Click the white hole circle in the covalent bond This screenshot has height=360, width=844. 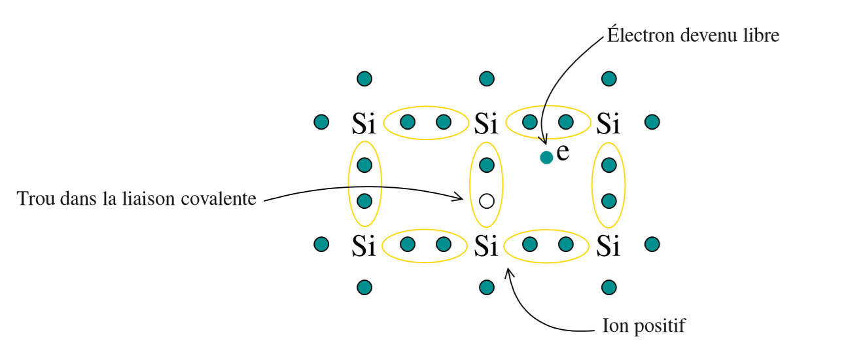(486, 201)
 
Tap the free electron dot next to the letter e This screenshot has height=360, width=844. (546, 157)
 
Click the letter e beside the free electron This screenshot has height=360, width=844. (563, 154)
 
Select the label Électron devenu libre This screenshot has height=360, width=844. (694, 35)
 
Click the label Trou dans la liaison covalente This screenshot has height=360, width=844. (137, 198)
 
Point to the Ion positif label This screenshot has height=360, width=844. (643, 325)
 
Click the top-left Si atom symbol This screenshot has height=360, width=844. (364, 122)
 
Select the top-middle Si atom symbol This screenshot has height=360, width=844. (486, 122)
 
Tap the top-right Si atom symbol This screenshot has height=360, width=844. (608, 122)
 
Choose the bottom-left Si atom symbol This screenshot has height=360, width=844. (364, 245)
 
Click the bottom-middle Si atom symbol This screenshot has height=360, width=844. (486, 245)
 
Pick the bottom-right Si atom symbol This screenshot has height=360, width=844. (608, 245)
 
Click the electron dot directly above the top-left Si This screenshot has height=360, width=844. (364, 79)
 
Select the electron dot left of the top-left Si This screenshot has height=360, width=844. (321, 122)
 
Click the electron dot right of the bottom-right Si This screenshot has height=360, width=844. (652, 244)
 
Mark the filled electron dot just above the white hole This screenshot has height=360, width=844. (486, 164)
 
